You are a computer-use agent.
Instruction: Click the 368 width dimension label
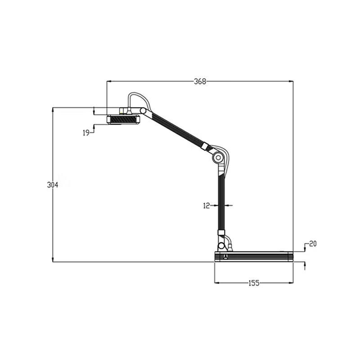pos(200,81)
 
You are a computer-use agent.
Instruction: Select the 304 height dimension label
pos(53,185)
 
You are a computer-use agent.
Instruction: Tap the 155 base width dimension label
pos(254,283)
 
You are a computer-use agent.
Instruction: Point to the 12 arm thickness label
pos(207,206)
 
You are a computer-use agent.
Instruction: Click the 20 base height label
pos(313,244)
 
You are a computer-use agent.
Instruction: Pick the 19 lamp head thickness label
pos(86,132)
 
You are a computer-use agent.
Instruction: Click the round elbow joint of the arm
pos(218,157)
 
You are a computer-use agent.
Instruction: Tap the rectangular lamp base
pos(253,257)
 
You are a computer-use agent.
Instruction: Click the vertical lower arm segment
pos(221,202)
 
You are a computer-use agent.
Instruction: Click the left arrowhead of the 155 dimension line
pos(216,283)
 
